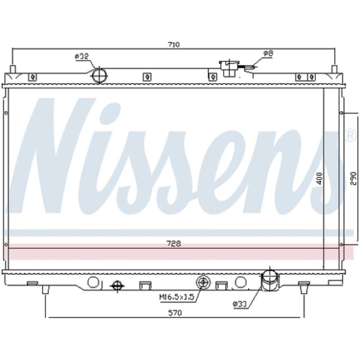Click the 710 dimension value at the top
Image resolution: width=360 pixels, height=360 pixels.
click(x=174, y=44)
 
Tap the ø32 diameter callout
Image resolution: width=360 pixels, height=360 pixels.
click(x=82, y=56)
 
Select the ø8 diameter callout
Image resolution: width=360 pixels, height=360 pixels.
click(x=268, y=54)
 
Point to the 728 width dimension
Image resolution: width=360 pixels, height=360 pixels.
click(x=174, y=244)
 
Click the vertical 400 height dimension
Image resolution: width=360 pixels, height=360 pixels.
click(x=319, y=179)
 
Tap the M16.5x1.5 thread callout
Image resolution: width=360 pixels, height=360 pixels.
click(x=177, y=297)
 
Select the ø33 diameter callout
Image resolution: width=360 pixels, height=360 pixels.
click(x=240, y=304)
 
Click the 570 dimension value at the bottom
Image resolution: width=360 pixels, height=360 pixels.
click(x=175, y=313)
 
